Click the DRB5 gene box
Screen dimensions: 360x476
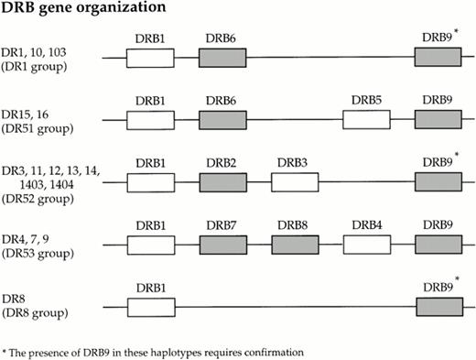(x=366, y=120)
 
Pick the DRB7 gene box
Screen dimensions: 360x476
(x=222, y=245)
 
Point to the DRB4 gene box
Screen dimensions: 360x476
(x=366, y=245)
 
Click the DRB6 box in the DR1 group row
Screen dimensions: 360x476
(x=222, y=59)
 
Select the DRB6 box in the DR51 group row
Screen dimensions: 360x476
(x=222, y=120)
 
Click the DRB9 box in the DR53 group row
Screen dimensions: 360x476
(x=438, y=245)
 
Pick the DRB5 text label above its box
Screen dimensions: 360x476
(x=366, y=100)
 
